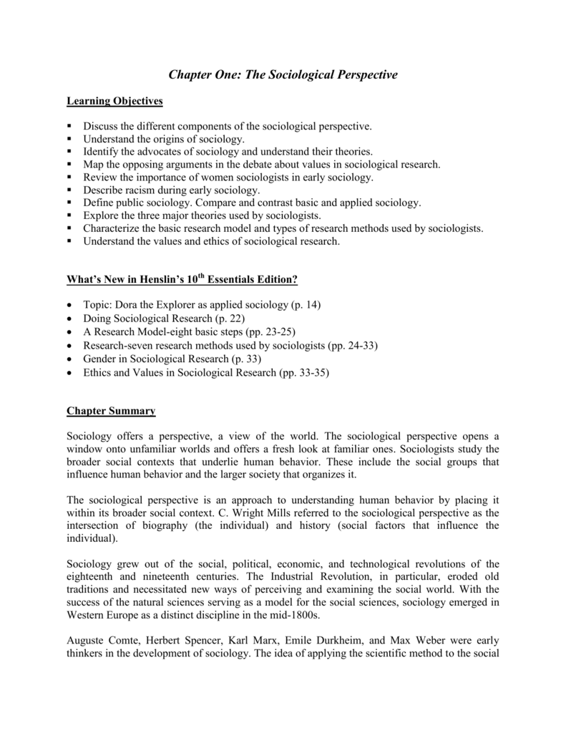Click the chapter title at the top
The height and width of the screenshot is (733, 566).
[283, 74]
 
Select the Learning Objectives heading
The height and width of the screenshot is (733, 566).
[114, 101]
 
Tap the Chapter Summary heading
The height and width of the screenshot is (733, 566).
[111, 411]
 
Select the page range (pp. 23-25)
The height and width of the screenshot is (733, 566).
[276, 332]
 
